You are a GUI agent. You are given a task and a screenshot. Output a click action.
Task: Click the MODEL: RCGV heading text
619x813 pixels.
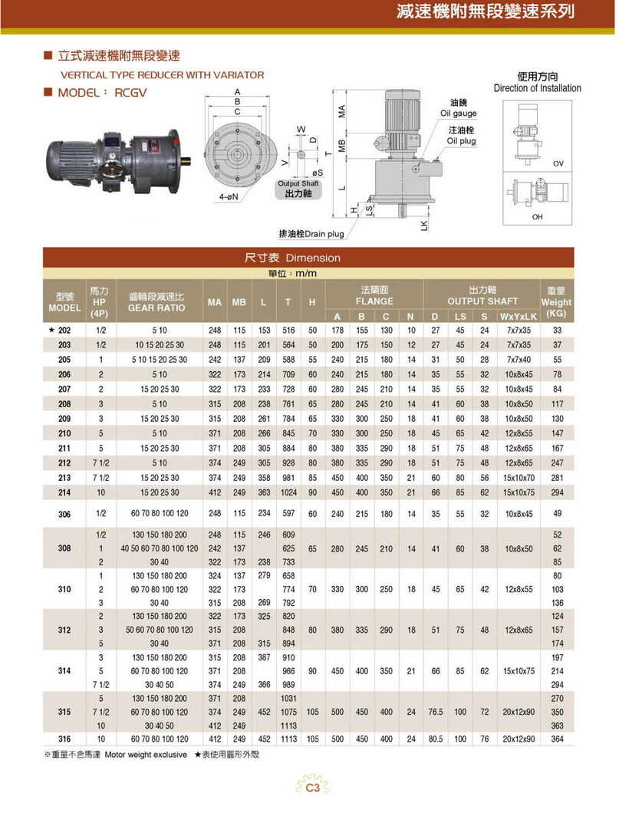tap(103, 92)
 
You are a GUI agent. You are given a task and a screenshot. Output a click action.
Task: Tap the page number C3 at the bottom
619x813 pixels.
tap(311, 787)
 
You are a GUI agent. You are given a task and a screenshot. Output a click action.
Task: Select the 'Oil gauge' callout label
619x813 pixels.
tap(459, 114)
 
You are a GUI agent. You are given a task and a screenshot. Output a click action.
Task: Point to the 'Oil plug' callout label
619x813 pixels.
tap(461, 141)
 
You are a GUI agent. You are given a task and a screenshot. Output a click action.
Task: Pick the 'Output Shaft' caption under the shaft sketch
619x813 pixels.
tap(298, 184)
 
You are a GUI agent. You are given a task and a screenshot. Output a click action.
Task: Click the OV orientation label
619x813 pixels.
tap(558, 164)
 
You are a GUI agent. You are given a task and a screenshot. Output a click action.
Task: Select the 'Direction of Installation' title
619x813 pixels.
tap(537, 88)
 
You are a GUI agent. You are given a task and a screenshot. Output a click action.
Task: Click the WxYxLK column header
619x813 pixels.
tap(519, 316)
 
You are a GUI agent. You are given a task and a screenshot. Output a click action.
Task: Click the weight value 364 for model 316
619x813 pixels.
tap(557, 739)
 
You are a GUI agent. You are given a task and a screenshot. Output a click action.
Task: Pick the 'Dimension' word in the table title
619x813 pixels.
tap(317, 258)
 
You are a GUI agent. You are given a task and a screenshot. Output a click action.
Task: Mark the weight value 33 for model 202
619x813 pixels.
tap(557, 331)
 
